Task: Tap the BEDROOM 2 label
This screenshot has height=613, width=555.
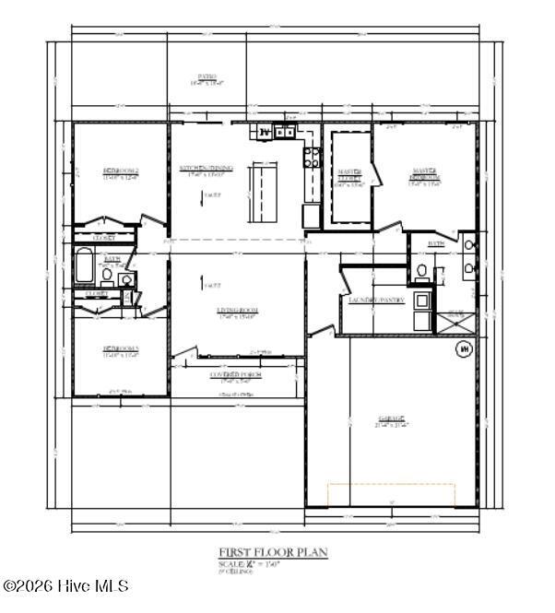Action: click(x=120, y=172)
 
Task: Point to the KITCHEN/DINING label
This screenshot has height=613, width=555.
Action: click(x=207, y=170)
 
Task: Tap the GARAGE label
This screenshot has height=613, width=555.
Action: click(x=391, y=420)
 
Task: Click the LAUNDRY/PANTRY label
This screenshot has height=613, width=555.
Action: click(x=372, y=301)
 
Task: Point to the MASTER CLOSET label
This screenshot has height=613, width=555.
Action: click(x=350, y=177)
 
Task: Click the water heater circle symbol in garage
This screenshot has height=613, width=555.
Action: click(x=464, y=349)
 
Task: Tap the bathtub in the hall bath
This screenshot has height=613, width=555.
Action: click(x=83, y=267)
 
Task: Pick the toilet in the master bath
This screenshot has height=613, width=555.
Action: click(x=421, y=271)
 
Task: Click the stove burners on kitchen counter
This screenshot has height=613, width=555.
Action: click(x=311, y=158)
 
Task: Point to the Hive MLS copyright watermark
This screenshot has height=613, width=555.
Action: click(x=66, y=586)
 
